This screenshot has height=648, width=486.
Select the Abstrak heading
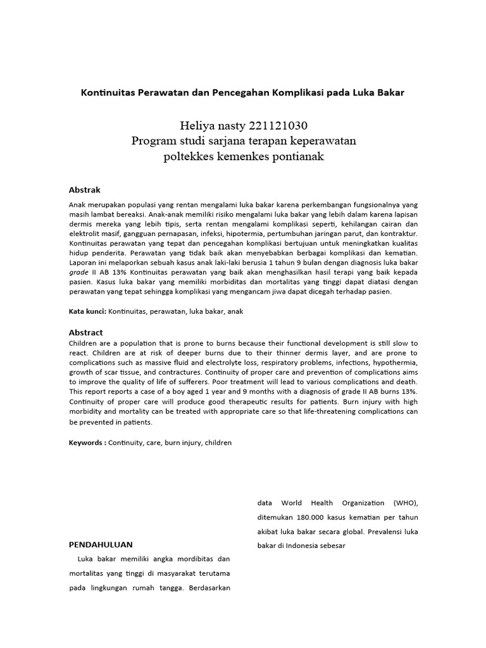coord(84,190)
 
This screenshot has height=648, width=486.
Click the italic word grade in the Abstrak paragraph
coord(79,271)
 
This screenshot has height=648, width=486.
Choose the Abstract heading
coord(85,332)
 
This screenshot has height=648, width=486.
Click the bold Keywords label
coord(87,443)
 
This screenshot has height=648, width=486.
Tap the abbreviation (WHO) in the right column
coord(405,503)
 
